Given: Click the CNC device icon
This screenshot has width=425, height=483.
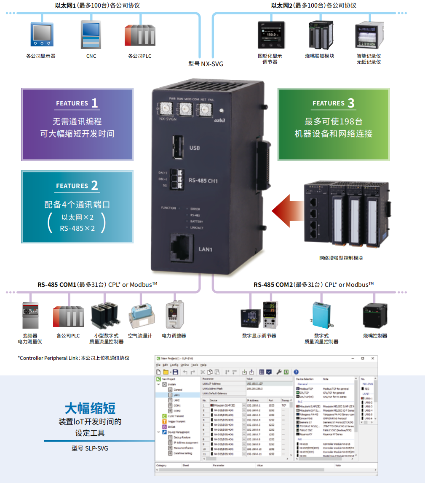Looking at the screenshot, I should [91, 34].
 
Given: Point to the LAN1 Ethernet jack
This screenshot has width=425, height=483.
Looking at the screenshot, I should [181, 247].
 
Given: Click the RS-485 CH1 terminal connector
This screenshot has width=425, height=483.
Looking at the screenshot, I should [177, 180].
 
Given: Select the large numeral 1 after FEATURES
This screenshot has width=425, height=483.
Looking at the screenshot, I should [94, 103].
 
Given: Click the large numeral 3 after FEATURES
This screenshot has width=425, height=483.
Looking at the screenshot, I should [351, 103].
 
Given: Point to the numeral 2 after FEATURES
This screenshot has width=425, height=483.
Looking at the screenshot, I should [94, 186].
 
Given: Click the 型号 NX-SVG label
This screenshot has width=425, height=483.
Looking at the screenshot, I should [206, 64].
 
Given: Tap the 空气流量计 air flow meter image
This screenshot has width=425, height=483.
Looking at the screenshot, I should [140, 316].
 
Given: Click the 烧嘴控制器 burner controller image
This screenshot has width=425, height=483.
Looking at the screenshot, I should [375, 316].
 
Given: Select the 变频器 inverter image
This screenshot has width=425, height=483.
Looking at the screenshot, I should [30, 315].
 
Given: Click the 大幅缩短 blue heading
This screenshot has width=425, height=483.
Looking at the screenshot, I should [90, 408].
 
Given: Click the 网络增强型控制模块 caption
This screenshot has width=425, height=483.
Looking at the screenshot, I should [341, 258].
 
